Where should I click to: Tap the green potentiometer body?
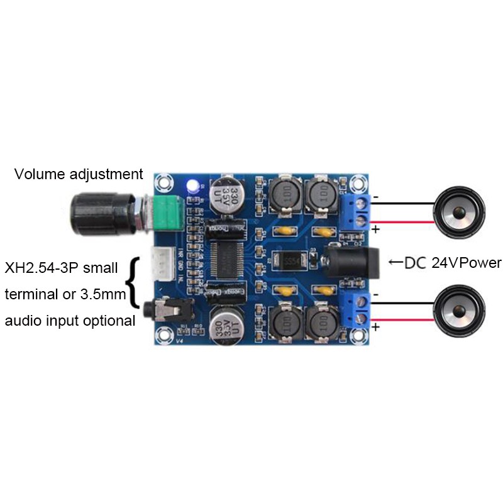click(167, 214)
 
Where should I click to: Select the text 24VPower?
click(467, 263)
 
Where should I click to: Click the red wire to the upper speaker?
click(402, 221)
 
